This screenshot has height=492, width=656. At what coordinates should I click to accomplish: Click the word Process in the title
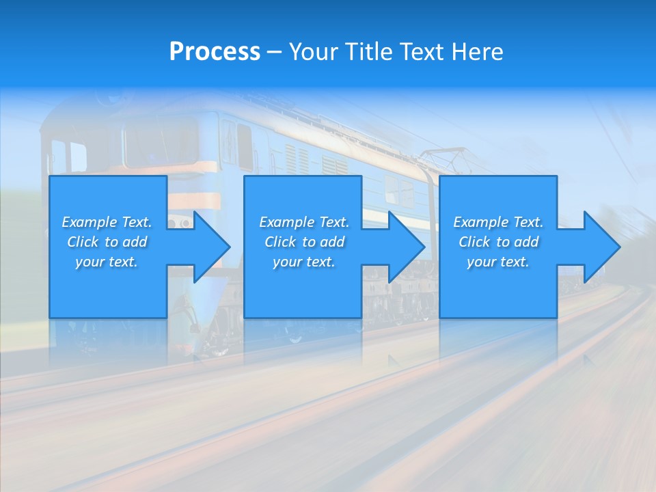[x=215, y=52]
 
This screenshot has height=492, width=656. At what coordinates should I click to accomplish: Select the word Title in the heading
[x=367, y=52]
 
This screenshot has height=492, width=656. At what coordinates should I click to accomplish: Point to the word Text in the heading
[x=420, y=52]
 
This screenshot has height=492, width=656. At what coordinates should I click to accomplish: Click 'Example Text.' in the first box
[x=107, y=222]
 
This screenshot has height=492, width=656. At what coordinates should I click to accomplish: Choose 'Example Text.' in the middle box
[x=304, y=222]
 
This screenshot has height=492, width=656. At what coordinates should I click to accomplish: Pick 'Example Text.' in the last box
[x=498, y=222]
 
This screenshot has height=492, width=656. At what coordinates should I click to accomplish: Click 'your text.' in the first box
[x=107, y=262]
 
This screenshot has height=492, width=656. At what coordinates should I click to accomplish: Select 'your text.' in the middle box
[x=304, y=262]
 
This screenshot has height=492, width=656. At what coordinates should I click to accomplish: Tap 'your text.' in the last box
[x=498, y=262]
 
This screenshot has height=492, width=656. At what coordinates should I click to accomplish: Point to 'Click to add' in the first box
[x=107, y=242]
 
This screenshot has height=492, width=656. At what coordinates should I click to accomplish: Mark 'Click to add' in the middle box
[x=304, y=242]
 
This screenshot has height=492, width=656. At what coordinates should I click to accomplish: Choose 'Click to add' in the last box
[x=498, y=242]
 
